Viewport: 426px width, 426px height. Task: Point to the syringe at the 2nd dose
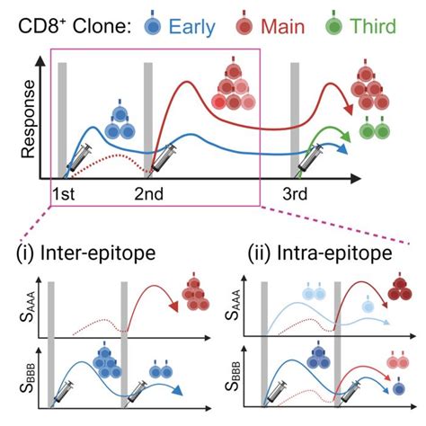[165, 163]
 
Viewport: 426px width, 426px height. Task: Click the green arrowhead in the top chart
[347, 138]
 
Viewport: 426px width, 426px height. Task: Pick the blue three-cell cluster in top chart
[119, 121]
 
